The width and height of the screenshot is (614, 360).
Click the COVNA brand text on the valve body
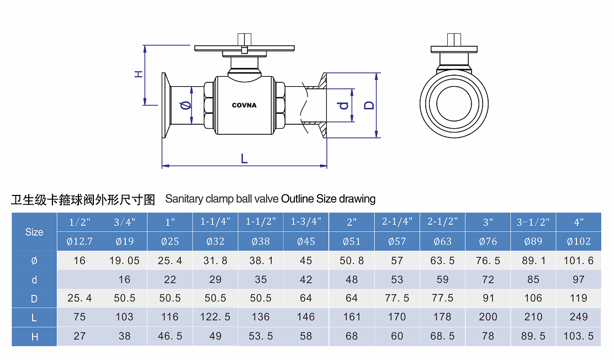click(244, 105)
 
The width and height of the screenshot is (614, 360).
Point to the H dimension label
click(139, 74)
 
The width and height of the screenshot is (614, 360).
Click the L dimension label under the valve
click(244, 158)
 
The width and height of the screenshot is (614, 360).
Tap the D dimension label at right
click(369, 104)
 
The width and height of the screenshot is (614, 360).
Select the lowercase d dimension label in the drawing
click(344, 104)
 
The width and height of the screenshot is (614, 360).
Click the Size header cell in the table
click(34, 232)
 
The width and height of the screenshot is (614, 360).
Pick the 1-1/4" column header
click(215, 223)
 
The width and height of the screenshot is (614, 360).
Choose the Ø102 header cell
click(579, 241)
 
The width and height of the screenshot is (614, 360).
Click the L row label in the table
click(34, 317)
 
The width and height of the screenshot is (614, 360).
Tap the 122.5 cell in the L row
click(215, 317)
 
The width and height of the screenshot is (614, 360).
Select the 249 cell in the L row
click(579, 317)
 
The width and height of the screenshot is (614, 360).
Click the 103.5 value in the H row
click(579, 336)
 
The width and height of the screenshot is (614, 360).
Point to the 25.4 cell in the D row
click(80, 298)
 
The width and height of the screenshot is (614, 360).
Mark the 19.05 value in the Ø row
click(125, 261)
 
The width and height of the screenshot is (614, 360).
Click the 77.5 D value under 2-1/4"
click(397, 298)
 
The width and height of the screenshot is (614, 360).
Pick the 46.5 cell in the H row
click(170, 336)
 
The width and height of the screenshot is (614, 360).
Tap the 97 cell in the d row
click(579, 279)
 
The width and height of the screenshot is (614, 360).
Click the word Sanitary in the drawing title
click(184, 199)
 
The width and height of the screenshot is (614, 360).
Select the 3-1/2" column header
click(533, 223)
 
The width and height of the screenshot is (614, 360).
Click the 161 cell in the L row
click(352, 317)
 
